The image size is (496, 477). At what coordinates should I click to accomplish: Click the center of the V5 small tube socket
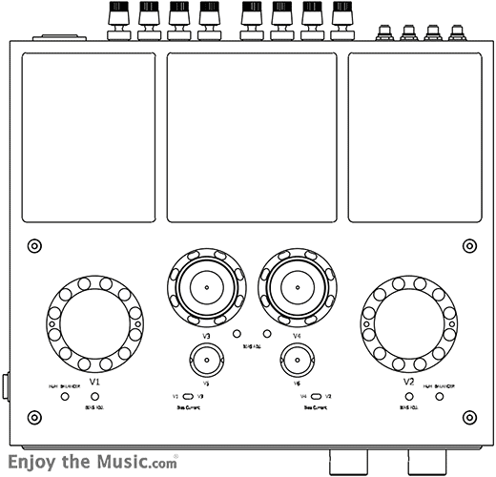coord(206,363)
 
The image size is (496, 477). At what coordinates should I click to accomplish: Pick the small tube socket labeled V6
coord(297,363)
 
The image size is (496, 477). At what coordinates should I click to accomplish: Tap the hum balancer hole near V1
coord(65,394)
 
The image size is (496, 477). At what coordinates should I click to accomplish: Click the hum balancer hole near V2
coord(440,394)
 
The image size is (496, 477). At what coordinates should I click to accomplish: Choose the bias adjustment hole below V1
coord(94,394)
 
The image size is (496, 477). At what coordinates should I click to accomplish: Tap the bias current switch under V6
coord(315,395)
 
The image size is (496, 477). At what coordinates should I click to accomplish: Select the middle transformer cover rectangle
coord(252,136)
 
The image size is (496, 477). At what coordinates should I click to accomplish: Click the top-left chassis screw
coord(34,246)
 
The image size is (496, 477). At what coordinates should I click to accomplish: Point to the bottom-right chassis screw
coord(468,417)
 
